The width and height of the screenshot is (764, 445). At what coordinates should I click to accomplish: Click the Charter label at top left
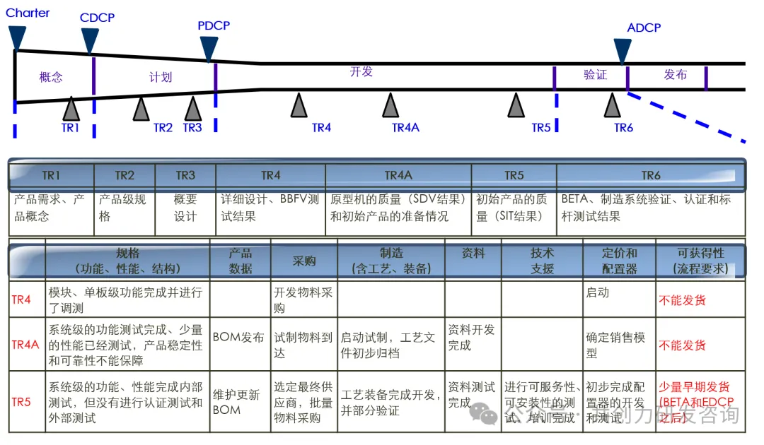tap(28, 13)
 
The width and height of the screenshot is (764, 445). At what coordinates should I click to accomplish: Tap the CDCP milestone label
tap(97, 18)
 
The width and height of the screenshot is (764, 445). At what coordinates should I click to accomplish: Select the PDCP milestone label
tap(214, 26)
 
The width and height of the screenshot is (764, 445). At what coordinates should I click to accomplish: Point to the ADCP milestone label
tap(644, 28)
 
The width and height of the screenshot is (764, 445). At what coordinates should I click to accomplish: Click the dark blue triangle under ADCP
tap(623, 51)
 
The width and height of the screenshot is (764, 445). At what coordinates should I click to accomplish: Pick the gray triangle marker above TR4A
tap(390, 106)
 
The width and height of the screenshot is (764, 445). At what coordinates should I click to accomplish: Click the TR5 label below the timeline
tap(541, 128)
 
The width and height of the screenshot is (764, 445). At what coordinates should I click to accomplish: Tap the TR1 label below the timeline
tap(70, 128)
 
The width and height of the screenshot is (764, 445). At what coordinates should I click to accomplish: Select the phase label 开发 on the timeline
tap(361, 72)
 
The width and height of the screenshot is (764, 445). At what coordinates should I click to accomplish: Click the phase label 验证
tap(595, 75)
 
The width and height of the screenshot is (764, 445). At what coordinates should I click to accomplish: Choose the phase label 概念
tap(51, 77)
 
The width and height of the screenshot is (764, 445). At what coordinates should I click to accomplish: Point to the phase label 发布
tap(676, 75)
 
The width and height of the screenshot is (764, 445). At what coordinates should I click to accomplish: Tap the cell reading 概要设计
tap(185, 208)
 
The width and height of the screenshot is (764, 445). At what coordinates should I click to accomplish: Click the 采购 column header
tap(304, 260)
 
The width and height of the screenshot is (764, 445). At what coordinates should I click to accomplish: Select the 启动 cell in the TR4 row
tap(598, 292)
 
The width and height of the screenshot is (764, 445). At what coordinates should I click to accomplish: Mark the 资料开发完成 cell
tap(472, 338)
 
